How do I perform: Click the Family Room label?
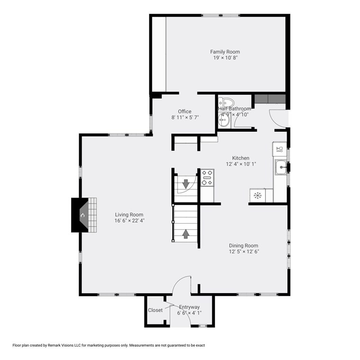(225, 52)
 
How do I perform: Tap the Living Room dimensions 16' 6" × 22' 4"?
(129, 221)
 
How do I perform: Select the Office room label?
(185, 112)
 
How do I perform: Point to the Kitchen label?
(241, 158)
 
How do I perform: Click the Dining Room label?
(243, 245)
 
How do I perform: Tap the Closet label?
(155, 310)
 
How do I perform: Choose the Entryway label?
(189, 307)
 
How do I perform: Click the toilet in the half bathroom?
(225, 102)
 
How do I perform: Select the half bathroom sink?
(224, 120)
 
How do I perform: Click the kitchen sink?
(281, 167)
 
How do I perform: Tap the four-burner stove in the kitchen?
(207, 177)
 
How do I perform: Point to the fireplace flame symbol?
(82, 216)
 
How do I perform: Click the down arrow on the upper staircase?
(186, 184)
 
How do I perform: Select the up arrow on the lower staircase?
(186, 234)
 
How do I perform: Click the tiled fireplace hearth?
(92, 215)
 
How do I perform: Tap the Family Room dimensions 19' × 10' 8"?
(225, 58)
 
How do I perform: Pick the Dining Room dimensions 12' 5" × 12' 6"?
(244, 252)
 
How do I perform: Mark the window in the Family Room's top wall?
(221, 15)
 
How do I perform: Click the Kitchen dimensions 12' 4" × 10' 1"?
(241, 164)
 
